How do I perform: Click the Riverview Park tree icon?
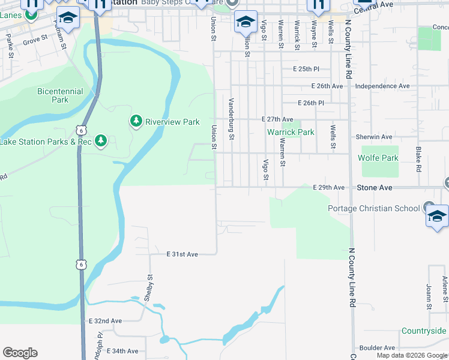(136, 122)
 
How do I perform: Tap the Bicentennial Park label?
(60, 95)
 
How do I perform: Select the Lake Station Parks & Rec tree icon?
(101, 141)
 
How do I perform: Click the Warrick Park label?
(291, 132)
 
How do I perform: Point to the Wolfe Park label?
(378, 158)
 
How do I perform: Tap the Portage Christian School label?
(373, 208)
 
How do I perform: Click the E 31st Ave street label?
(182, 254)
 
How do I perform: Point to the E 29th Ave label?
(329, 188)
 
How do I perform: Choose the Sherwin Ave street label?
(373, 137)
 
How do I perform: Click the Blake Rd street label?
(418, 159)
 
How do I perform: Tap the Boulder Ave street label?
(378, 347)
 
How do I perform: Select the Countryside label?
(424, 331)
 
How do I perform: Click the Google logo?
(20, 353)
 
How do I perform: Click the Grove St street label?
(35, 40)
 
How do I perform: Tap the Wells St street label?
(332, 136)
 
